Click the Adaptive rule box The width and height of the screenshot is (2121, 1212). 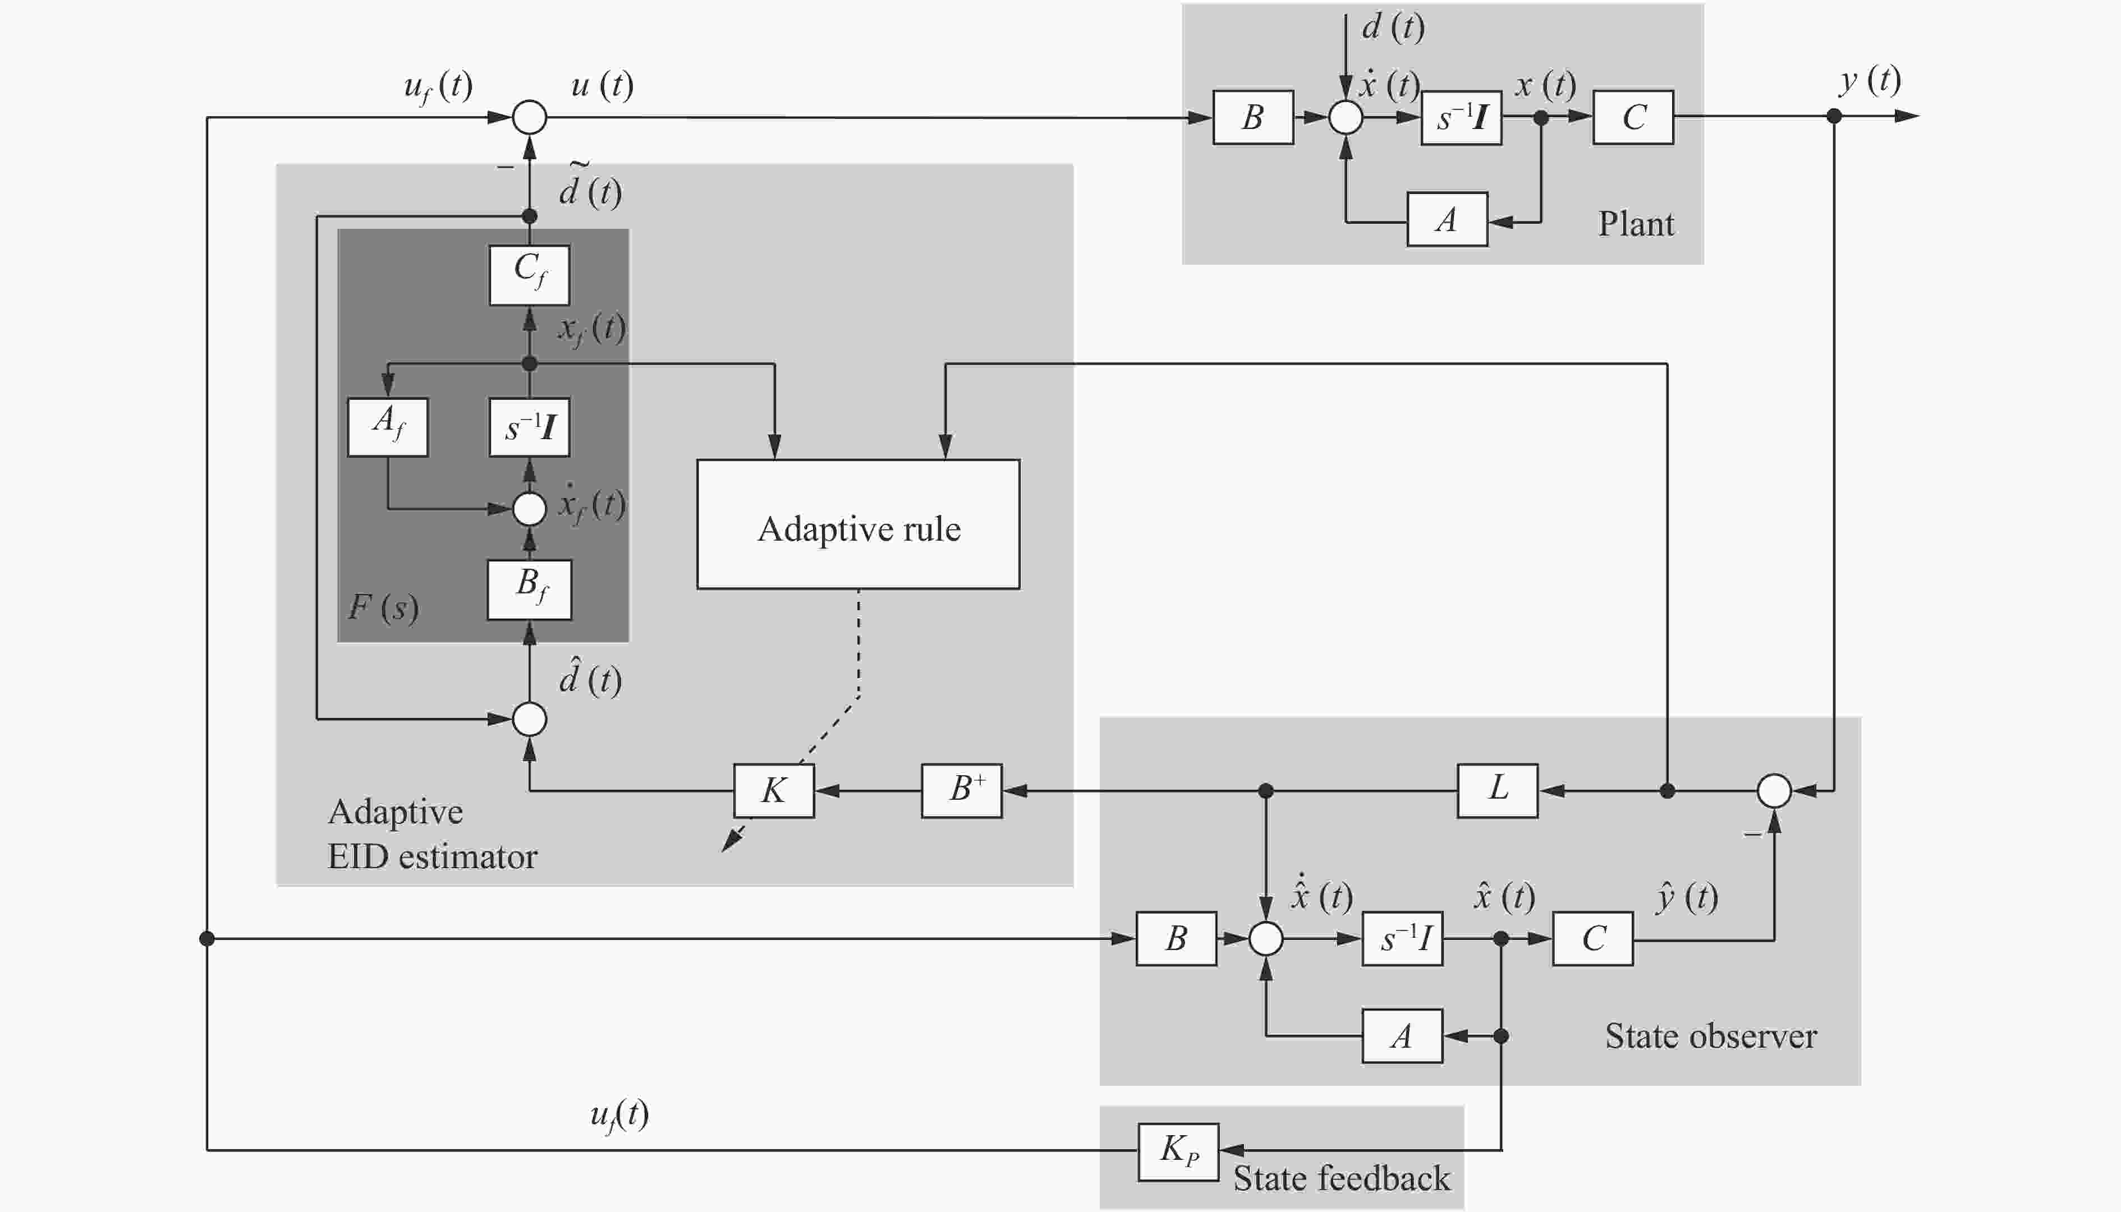(858, 524)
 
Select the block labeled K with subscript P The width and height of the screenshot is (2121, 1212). (1178, 1151)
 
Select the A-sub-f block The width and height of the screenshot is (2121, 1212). (387, 427)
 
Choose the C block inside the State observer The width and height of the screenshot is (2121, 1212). (1592, 938)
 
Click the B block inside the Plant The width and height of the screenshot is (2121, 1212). (1252, 117)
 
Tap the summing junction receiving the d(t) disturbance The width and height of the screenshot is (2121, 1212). (1345, 117)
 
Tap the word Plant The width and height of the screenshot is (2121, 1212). (1635, 224)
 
